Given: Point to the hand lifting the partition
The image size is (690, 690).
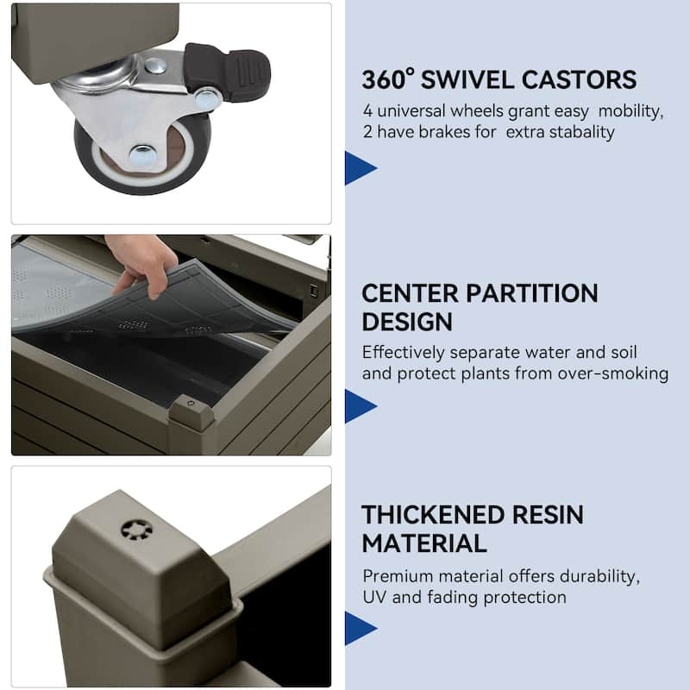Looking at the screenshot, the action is [140, 263].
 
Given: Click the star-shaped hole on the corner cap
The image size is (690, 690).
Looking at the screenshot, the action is [137, 530].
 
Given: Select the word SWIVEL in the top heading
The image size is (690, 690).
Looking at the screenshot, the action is [467, 79].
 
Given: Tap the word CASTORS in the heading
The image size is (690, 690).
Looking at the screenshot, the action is [579, 79].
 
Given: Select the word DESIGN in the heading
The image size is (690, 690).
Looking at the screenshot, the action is [407, 322].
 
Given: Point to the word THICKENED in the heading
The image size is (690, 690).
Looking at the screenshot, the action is [433, 515].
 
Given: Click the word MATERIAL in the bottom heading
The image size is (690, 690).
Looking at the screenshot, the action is [424, 543].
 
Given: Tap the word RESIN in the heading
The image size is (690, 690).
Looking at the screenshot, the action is [548, 515].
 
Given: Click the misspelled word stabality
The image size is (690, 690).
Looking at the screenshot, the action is [560, 132].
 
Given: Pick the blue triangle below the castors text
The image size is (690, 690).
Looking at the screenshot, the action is [361, 168].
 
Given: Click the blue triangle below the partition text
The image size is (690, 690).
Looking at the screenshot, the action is [361, 406].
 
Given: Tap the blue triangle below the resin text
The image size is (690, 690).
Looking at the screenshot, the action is [361, 629].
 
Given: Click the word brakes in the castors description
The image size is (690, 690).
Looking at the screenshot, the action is [444, 132].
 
